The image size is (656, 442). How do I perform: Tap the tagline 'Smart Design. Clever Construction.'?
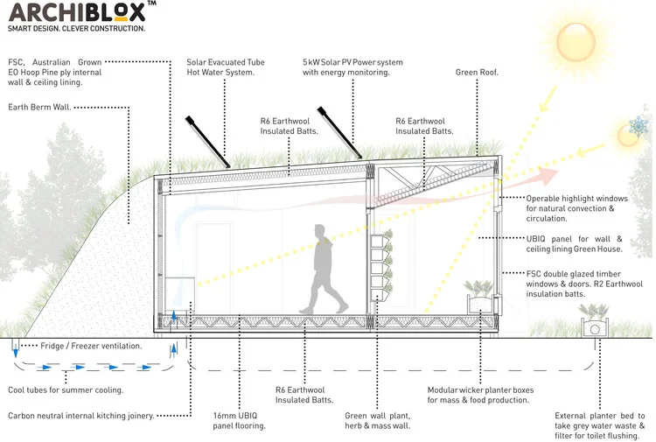(77, 29)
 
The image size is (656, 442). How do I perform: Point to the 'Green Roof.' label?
(477, 72)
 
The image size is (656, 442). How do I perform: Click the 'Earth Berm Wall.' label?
(39, 108)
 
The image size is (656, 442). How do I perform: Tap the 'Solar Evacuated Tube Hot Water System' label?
(226, 67)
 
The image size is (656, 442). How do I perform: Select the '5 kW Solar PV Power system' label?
(352, 67)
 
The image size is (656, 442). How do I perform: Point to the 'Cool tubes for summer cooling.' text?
(66, 389)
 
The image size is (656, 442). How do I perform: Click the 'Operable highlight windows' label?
(577, 204)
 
